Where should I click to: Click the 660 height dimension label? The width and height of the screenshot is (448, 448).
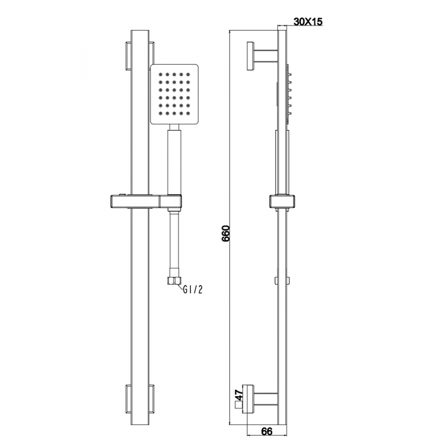[x=226, y=234]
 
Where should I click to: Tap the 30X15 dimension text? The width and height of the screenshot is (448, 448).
[x=308, y=21]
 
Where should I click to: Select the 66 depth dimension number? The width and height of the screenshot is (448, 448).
[x=267, y=431]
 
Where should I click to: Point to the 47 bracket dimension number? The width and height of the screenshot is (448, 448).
[x=239, y=395]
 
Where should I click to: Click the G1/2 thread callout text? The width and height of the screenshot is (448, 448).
[x=193, y=290]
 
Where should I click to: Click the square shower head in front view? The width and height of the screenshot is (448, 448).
[x=174, y=94]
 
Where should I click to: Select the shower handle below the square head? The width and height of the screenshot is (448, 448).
[x=174, y=162]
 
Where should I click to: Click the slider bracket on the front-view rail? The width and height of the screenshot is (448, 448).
[x=146, y=201]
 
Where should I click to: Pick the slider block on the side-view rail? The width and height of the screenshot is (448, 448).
[x=282, y=201]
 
